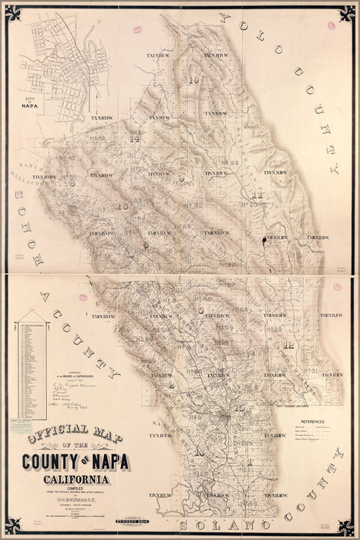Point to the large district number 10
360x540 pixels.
point(193,79)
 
